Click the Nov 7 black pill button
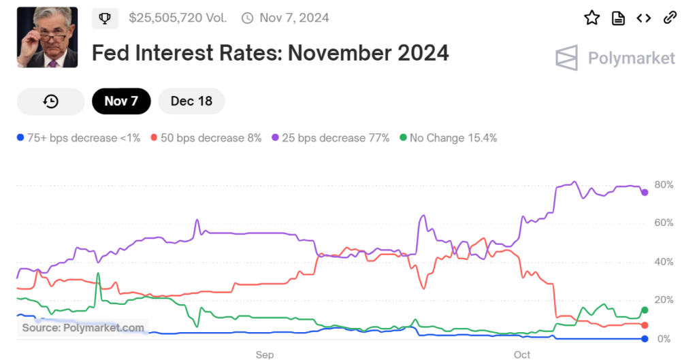(121, 101)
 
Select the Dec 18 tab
(191, 101)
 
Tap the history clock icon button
(51, 101)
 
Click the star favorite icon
(591, 18)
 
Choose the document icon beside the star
(618, 18)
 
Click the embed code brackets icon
(644, 18)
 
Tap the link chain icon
(670, 18)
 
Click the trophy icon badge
(105, 18)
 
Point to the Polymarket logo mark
(566, 59)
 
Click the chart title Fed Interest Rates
(270, 52)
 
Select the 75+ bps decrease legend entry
(78, 138)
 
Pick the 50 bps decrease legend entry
(206, 138)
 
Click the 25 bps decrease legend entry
(330, 138)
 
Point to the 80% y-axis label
(664, 185)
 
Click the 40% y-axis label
(664, 262)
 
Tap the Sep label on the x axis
(265, 355)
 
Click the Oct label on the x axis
(522, 355)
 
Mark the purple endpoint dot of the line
(645, 193)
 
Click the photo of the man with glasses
(47, 37)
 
